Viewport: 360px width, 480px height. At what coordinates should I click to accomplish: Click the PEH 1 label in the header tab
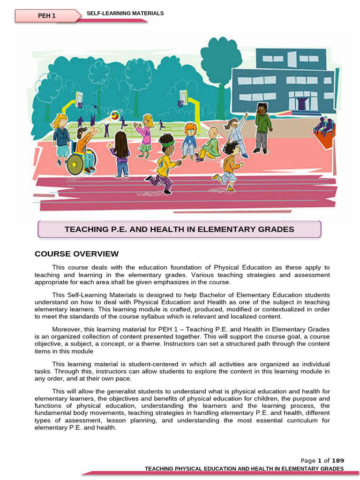[46, 16]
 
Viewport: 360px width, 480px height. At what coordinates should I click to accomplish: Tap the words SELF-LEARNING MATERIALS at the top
[125, 14]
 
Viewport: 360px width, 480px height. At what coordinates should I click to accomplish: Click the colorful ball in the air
[114, 115]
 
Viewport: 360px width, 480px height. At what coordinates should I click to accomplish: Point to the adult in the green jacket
[262, 127]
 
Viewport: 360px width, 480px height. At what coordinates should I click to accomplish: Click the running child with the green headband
[165, 162]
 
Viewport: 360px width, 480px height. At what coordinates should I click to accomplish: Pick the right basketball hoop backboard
[182, 97]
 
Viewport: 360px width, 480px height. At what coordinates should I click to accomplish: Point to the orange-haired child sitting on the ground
[189, 139]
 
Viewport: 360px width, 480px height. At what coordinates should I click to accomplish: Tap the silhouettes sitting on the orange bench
[323, 126]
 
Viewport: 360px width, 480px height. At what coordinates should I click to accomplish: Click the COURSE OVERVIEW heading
[77, 254]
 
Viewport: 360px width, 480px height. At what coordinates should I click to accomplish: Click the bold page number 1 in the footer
[319, 461]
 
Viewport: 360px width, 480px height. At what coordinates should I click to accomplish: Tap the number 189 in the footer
[338, 461]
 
